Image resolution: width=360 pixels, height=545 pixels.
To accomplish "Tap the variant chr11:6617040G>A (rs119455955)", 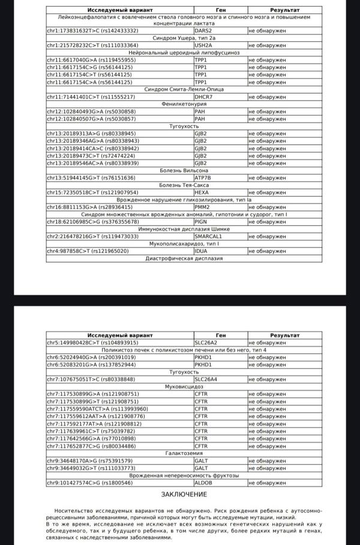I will tap(91, 60).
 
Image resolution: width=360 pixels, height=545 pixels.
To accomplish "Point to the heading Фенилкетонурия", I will tap(184, 104).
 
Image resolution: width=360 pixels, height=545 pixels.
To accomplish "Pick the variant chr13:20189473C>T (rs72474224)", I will tap(91, 155).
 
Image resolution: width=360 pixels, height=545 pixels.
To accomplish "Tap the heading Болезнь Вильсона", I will tap(184, 170).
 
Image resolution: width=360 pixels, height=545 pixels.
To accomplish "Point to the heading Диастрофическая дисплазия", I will tap(184, 258).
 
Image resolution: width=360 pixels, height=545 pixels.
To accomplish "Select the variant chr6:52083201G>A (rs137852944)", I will tap(91, 365).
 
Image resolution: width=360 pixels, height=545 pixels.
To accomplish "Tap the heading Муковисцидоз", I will tap(184, 387).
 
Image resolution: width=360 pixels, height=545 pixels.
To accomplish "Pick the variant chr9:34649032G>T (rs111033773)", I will tap(91, 468).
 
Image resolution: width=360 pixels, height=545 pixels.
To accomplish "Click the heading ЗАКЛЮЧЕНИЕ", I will tap(184, 494).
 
